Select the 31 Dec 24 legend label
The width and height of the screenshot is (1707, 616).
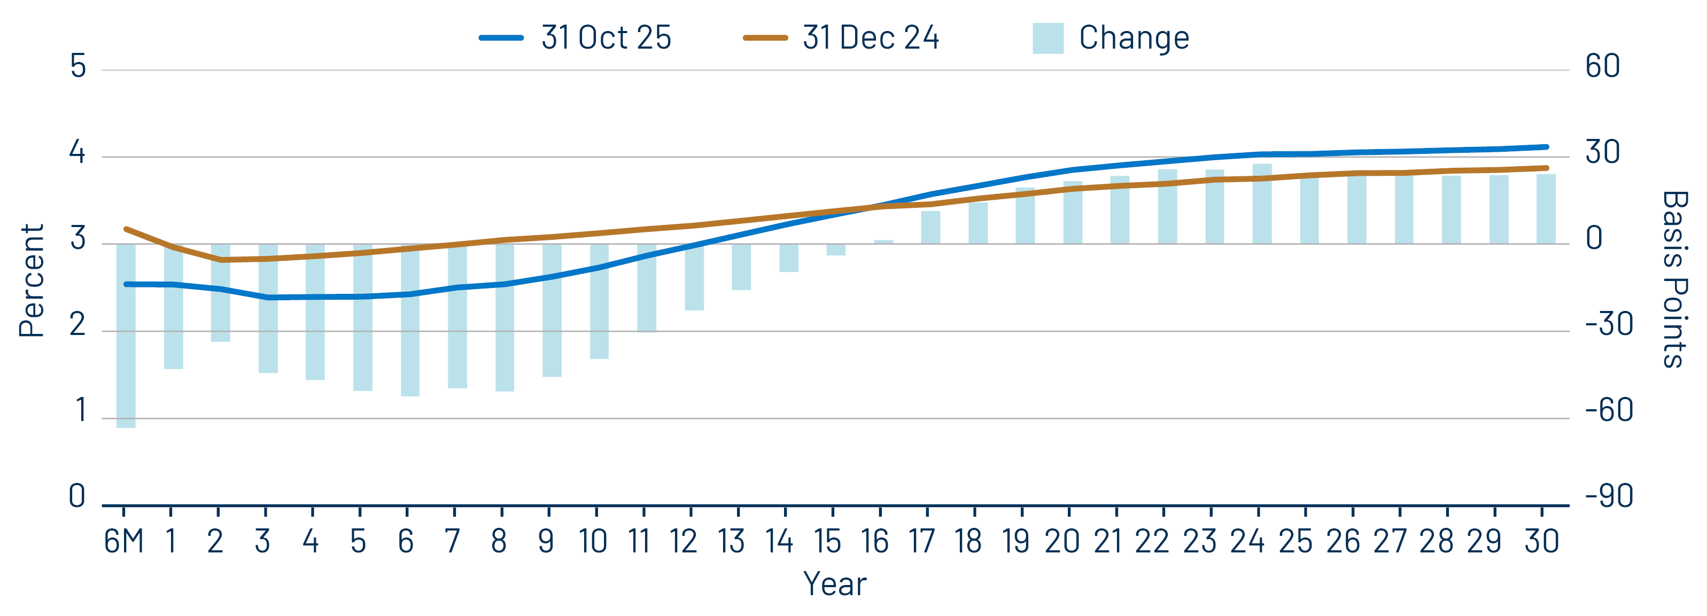click(x=871, y=38)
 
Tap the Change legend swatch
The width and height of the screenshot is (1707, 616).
click(x=1048, y=38)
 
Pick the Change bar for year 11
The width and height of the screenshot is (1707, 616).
click(x=647, y=287)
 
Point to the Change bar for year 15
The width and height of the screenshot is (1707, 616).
click(x=836, y=249)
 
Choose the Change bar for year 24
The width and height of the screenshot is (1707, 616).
click(x=1262, y=204)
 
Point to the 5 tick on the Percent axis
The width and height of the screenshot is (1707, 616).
click(x=78, y=66)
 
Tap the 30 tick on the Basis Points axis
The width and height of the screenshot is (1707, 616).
click(x=1602, y=152)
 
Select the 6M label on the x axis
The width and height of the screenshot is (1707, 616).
click(x=124, y=542)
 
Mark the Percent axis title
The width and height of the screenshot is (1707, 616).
click(x=31, y=281)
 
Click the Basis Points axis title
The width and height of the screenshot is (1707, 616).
click(x=1674, y=279)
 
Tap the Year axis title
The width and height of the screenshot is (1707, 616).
click(x=834, y=584)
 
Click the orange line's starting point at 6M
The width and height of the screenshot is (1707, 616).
click(x=126, y=229)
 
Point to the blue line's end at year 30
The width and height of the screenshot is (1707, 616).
click(x=1546, y=147)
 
